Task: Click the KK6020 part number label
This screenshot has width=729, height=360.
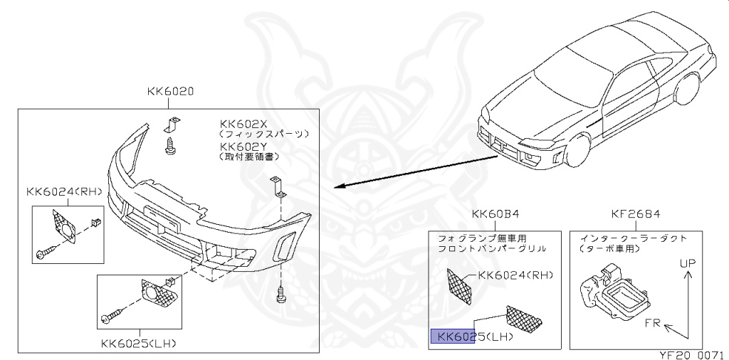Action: [x=171, y=91]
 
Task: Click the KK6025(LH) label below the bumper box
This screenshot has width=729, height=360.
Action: [x=139, y=343]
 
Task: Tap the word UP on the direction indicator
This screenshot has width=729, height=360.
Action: [x=686, y=264]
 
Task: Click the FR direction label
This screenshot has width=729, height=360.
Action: [x=654, y=324]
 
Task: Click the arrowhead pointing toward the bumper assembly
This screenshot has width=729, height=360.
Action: [x=341, y=187]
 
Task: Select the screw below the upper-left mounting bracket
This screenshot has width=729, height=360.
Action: [x=171, y=146]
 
